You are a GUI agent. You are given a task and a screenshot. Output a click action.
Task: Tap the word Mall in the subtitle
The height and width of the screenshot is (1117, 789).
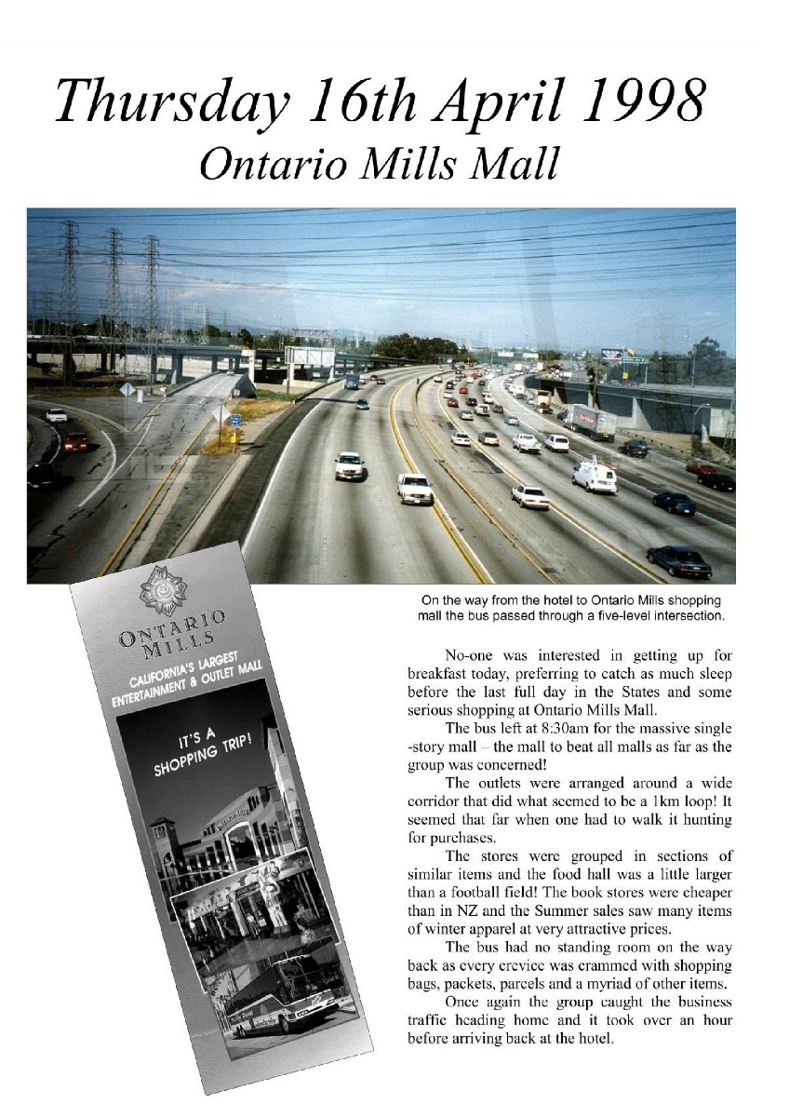516,164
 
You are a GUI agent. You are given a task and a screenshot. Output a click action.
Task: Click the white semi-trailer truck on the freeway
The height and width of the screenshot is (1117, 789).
589,423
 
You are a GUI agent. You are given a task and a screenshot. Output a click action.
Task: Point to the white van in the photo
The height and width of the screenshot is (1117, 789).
594,476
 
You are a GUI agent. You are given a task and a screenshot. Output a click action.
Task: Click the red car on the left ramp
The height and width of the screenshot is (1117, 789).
75,441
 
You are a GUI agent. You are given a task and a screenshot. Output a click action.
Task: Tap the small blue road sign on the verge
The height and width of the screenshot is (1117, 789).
235,420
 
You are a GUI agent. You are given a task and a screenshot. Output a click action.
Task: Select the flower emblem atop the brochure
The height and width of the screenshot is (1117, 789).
163,591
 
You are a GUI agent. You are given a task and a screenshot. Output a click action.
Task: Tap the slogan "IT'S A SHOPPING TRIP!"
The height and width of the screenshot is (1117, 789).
203,751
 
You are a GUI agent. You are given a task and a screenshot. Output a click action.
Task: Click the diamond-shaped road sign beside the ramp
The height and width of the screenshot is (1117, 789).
127,389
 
